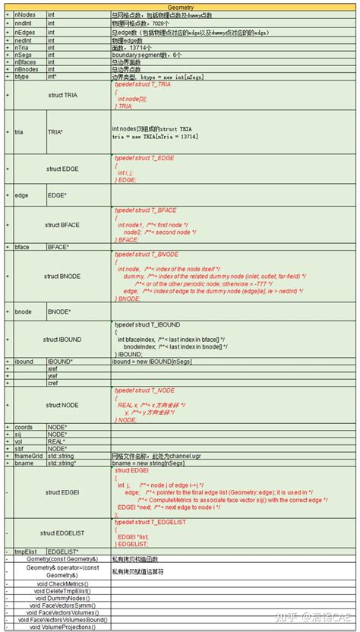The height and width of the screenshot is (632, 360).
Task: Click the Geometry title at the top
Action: (180, 6)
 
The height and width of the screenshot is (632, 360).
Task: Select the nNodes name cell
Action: (26, 14)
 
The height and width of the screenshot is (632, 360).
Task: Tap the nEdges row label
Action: (26, 32)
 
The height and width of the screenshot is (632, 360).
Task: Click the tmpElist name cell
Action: (27, 551)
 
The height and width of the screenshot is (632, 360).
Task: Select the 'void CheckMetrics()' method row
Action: (62, 583)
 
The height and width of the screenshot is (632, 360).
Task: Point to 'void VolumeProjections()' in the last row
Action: (62, 627)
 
